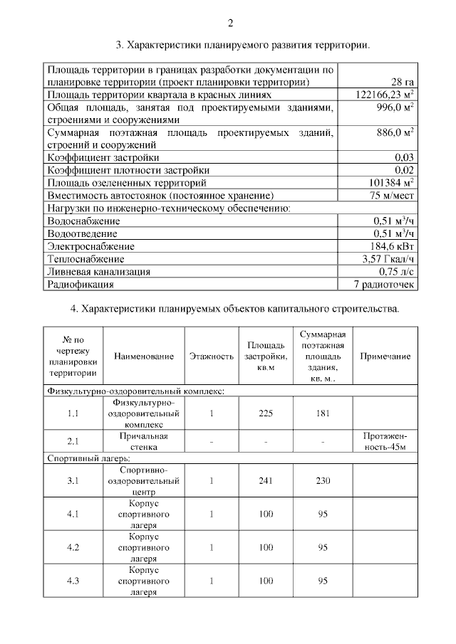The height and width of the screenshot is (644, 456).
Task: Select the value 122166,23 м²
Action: [x=385, y=95]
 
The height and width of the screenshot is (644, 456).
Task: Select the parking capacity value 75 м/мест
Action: [x=392, y=196]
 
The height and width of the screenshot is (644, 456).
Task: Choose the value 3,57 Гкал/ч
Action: [x=388, y=259]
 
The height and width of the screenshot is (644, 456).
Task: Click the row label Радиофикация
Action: [x=81, y=285]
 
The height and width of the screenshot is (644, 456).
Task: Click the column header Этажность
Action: [x=212, y=356]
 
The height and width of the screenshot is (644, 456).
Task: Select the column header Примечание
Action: [x=385, y=356]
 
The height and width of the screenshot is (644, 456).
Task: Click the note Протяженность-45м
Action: [x=385, y=441]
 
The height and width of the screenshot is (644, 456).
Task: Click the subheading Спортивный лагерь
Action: [x=83, y=459]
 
